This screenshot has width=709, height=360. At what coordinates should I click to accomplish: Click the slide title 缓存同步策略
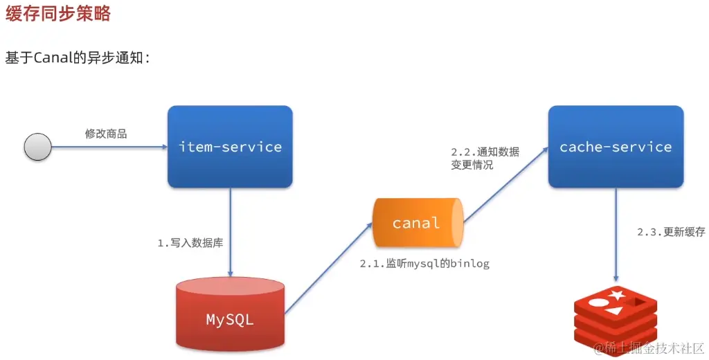click(58, 14)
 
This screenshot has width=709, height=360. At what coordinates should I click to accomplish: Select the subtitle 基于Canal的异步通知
click(78, 58)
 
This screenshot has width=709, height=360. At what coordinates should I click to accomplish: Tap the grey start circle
click(38, 147)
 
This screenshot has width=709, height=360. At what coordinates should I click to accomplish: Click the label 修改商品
click(106, 134)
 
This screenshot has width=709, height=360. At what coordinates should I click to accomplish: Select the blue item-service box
click(230, 147)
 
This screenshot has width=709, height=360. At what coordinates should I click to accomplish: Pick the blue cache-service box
click(616, 147)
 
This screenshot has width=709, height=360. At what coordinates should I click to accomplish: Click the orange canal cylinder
click(417, 223)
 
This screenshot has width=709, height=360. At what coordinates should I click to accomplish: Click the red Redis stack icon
click(616, 318)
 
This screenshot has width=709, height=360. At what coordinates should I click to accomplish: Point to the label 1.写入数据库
click(190, 244)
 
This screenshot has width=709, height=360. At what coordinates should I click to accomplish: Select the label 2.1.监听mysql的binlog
click(424, 264)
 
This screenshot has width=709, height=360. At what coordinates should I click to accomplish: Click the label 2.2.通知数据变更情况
click(485, 159)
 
